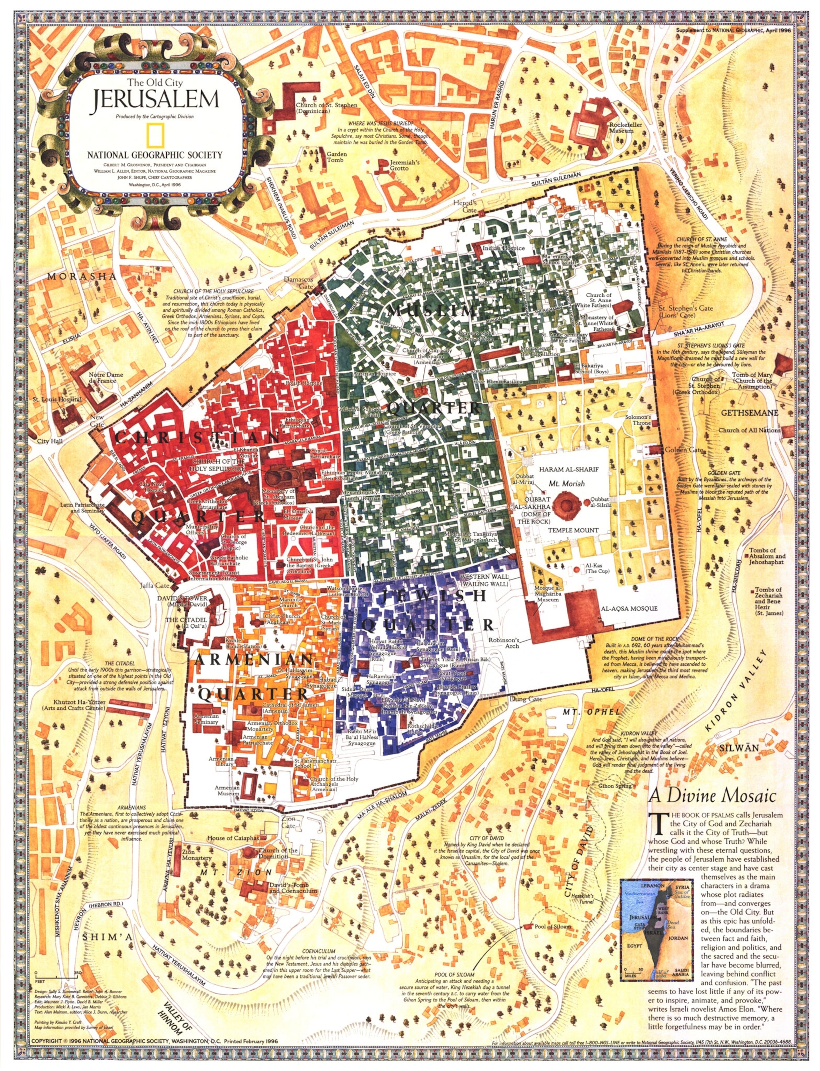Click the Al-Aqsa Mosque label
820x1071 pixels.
[x=629, y=608]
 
